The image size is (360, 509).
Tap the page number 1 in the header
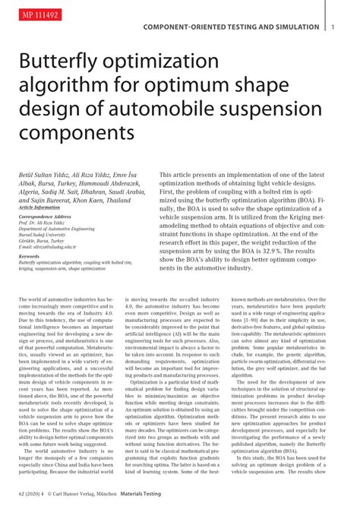click(x=333, y=27)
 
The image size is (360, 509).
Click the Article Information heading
click(x=39, y=207)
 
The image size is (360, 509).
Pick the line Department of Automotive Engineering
click(x=57, y=229)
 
